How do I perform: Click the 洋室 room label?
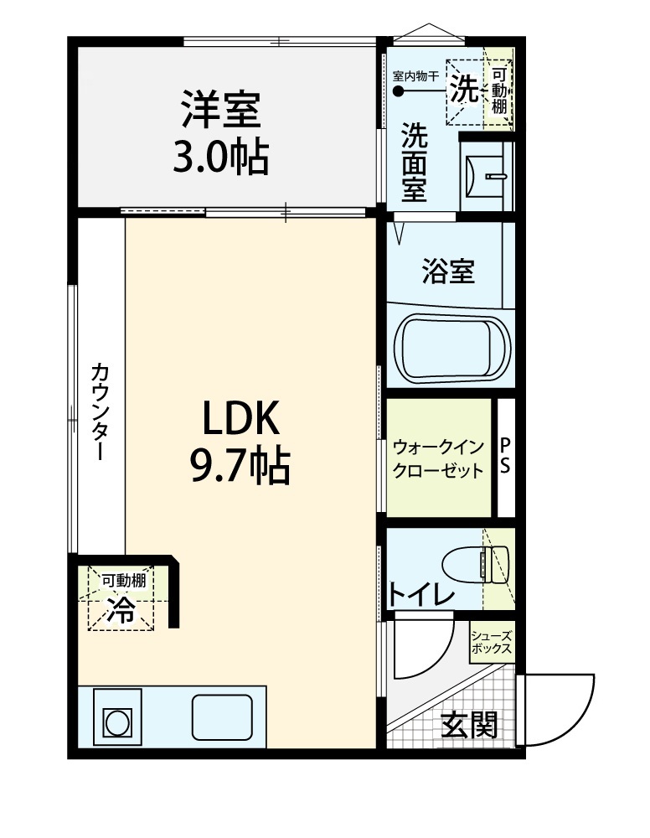pos(221,109)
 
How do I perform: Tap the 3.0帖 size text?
pos(220,158)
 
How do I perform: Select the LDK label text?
pos(240,418)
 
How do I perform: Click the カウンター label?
pos(101,411)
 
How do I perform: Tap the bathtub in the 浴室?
pos(451,346)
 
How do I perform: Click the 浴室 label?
pos(448,271)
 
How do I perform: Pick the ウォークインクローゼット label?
pos(438,459)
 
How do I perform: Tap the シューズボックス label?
pos(492,643)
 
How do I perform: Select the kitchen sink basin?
pos(222,717)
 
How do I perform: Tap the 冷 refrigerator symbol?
pos(121,609)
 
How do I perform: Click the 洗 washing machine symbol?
pos(465,88)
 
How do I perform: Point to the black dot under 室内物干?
pos(399,91)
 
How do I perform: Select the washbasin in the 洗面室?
pos(485,176)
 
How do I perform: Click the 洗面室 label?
pos(415,162)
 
